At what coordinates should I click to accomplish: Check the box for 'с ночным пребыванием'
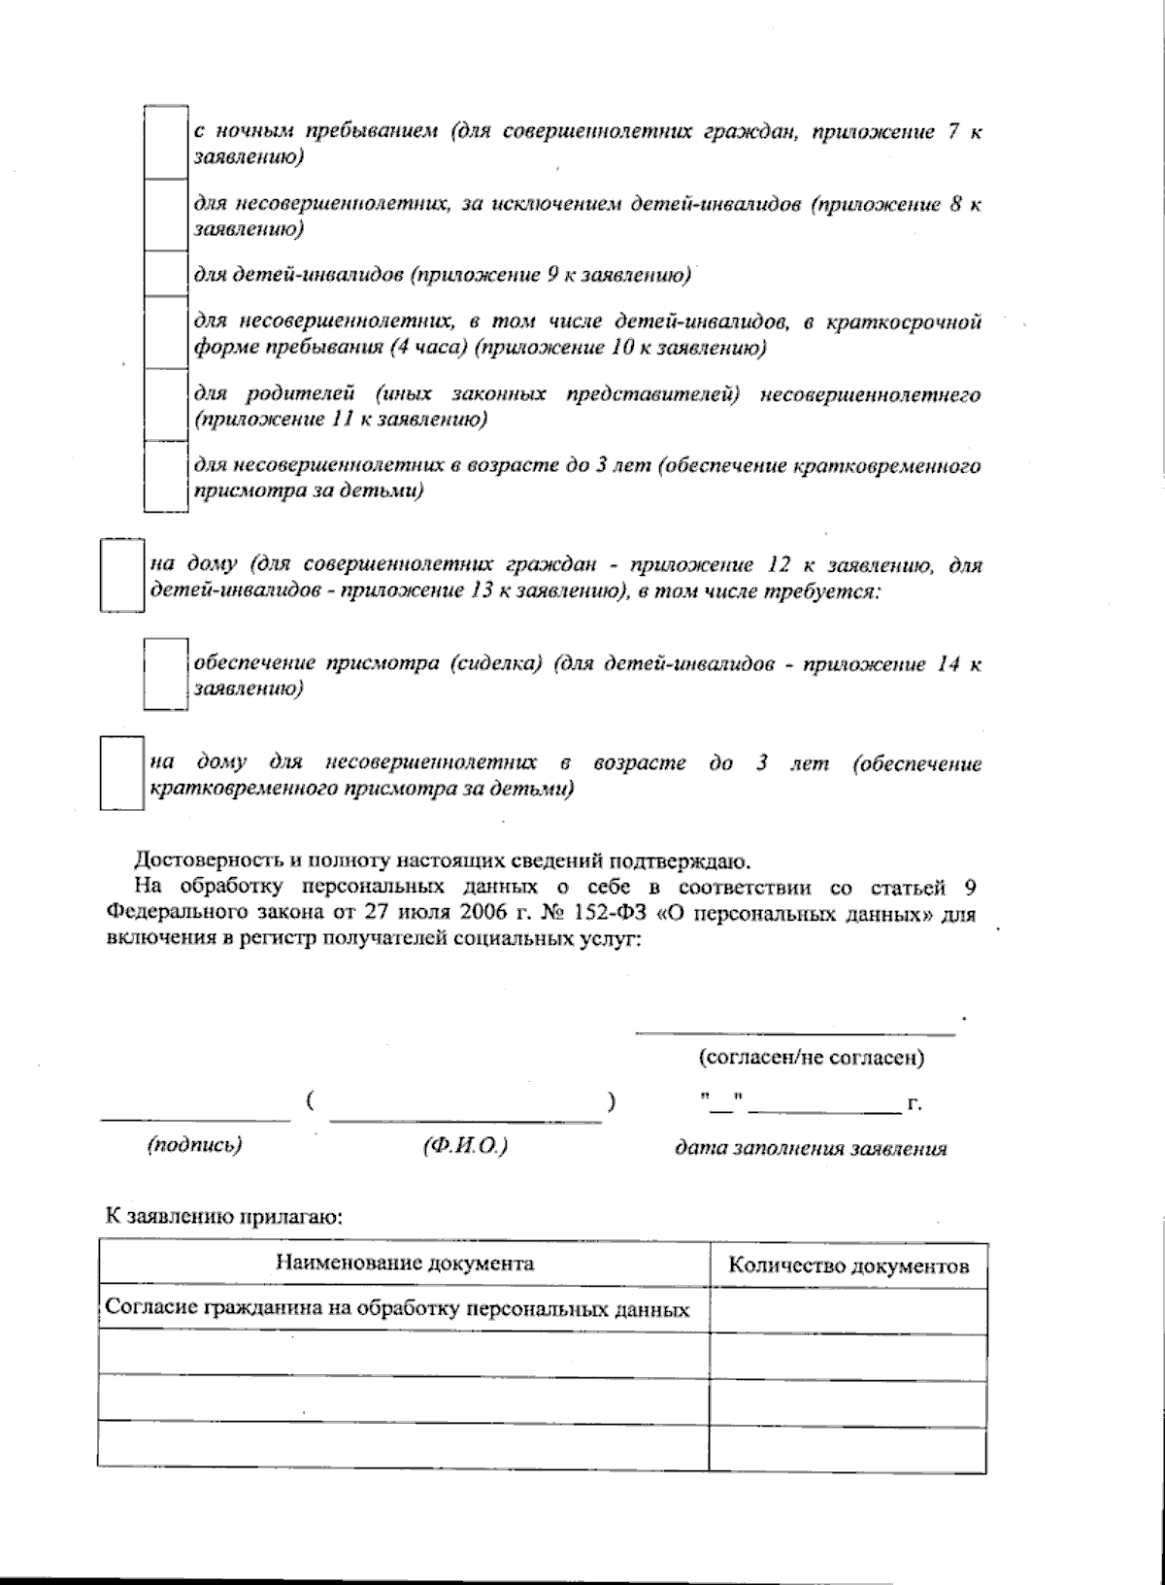pyautogui.click(x=165, y=142)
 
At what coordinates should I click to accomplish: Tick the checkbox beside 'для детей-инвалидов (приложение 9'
pyautogui.click(x=165, y=274)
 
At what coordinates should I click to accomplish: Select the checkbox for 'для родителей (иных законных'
pyautogui.click(x=165, y=405)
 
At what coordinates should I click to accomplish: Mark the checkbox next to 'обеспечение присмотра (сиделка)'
pyautogui.click(x=165, y=675)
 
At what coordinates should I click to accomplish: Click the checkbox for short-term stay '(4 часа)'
pyautogui.click(x=165, y=332)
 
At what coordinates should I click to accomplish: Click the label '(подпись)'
pyautogui.click(x=194, y=1145)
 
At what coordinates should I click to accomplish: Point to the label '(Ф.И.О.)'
pyautogui.click(x=465, y=1145)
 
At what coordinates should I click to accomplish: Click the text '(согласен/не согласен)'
pyautogui.click(x=811, y=1058)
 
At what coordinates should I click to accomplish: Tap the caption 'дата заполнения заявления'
pyautogui.click(x=811, y=1148)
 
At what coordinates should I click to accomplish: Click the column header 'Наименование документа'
pyautogui.click(x=405, y=1264)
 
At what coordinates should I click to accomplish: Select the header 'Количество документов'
pyautogui.click(x=849, y=1265)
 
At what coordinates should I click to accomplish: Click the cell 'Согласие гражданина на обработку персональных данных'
pyautogui.click(x=397, y=1308)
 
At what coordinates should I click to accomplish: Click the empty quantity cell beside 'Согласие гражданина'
pyautogui.click(x=849, y=1310)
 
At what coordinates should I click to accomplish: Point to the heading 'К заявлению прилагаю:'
pyautogui.click(x=224, y=1214)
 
